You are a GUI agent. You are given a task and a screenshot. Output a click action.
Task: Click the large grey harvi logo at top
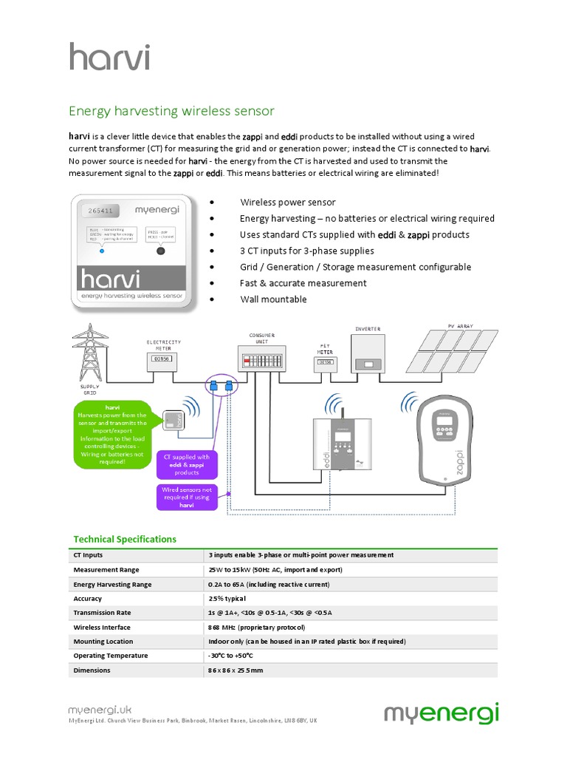click(109, 56)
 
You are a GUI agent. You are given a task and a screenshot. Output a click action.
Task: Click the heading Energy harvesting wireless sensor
click(171, 111)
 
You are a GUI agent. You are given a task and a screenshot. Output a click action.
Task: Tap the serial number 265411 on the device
click(100, 211)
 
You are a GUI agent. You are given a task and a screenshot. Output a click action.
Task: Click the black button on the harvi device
click(159, 251)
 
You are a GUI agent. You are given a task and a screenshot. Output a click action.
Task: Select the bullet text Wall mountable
click(273, 299)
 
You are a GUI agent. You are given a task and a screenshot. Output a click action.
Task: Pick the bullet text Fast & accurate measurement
click(303, 283)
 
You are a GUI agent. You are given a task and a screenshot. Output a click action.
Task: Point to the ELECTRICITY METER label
click(163, 345)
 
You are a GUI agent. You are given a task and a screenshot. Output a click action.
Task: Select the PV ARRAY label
click(462, 325)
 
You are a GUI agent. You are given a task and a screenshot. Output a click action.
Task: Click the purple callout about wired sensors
click(187, 498)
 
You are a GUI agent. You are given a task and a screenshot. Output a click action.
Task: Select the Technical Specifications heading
click(125, 539)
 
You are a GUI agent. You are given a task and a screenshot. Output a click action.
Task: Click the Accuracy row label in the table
click(88, 599)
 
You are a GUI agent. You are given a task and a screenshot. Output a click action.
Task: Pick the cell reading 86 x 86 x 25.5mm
click(236, 671)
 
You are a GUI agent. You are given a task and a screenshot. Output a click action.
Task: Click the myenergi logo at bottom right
click(441, 714)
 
